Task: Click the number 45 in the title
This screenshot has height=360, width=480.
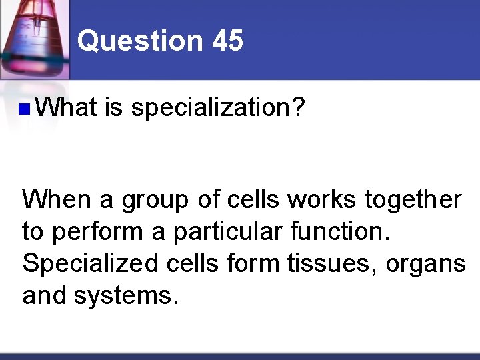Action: [x=228, y=41]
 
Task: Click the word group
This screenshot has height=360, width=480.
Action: [x=155, y=200]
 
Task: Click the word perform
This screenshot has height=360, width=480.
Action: [x=105, y=231]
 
